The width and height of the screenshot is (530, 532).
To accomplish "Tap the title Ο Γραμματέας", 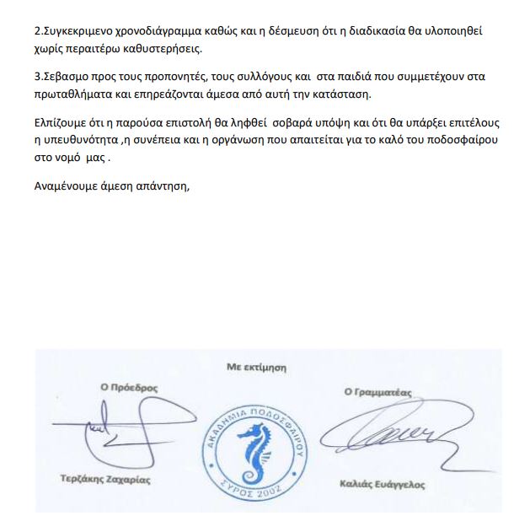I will [379, 391].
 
